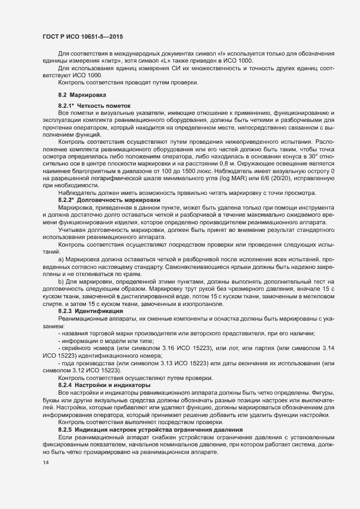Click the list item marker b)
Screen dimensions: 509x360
click(61, 282)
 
